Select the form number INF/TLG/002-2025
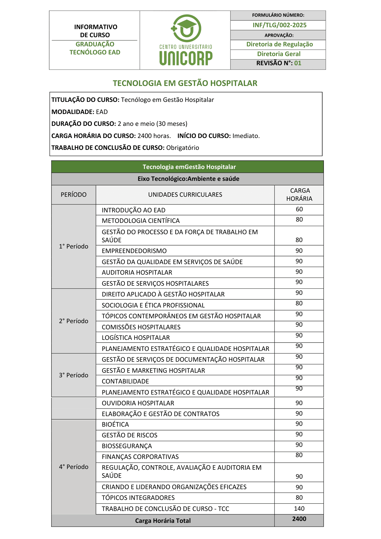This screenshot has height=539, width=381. pyautogui.click(x=279, y=25)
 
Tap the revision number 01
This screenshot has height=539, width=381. pyautogui.click(x=298, y=63)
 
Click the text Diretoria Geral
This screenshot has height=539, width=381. pyautogui.click(x=279, y=54)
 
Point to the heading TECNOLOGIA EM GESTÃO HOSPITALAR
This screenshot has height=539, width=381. pyautogui.click(x=185, y=83)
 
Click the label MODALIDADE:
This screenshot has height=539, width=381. pyautogui.click(x=73, y=112)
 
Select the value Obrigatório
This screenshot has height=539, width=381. pyautogui.click(x=183, y=148)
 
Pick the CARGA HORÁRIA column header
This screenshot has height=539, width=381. pyautogui.click(x=299, y=195)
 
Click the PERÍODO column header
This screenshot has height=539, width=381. pyautogui.click(x=74, y=195)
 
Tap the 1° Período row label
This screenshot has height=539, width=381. pyautogui.click(x=74, y=246)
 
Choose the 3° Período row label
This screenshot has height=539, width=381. pyautogui.click(x=74, y=375)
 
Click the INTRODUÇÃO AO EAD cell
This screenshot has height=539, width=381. pyautogui.click(x=134, y=210)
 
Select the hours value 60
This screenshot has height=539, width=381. pyautogui.click(x=299, y=209)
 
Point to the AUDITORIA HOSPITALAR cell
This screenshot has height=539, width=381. pyautogui.click(x=137, y=272)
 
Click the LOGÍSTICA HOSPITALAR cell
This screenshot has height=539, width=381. pyautogui.click(x=136, y=338)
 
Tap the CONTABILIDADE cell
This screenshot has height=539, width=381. pyautogui.click(x=125, y=381)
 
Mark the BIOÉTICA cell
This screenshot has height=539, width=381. pyautogui.click(x=115, y=424)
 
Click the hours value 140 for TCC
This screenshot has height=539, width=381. pyautogui.click(x=299, y=509)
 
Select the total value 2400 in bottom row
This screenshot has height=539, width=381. pyautogui.click(x=299, y=519)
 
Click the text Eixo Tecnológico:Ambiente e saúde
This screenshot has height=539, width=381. pyautogui.click(x=188, y=179)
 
